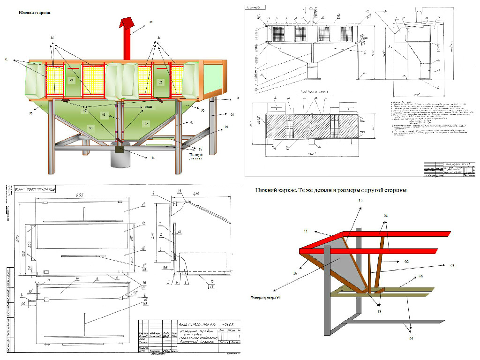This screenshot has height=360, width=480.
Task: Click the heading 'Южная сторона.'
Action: pyautogui.click(x=35, y=13)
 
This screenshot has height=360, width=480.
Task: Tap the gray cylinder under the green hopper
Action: pyautogui.click(x=120, y=158)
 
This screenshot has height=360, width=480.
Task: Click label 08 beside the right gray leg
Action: pyautogui.click(x=232, y=114)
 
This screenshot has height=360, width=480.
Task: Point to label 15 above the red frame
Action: pyautogui.click(x=360, y=200)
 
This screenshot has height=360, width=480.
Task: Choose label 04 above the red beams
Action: pyautogui.click(x=385, y=216)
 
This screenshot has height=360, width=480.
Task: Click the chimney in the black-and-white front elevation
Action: pyautogui.click(x=310, y=15)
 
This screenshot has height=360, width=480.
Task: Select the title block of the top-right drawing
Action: pyautogui.click(x=450, y=171)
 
